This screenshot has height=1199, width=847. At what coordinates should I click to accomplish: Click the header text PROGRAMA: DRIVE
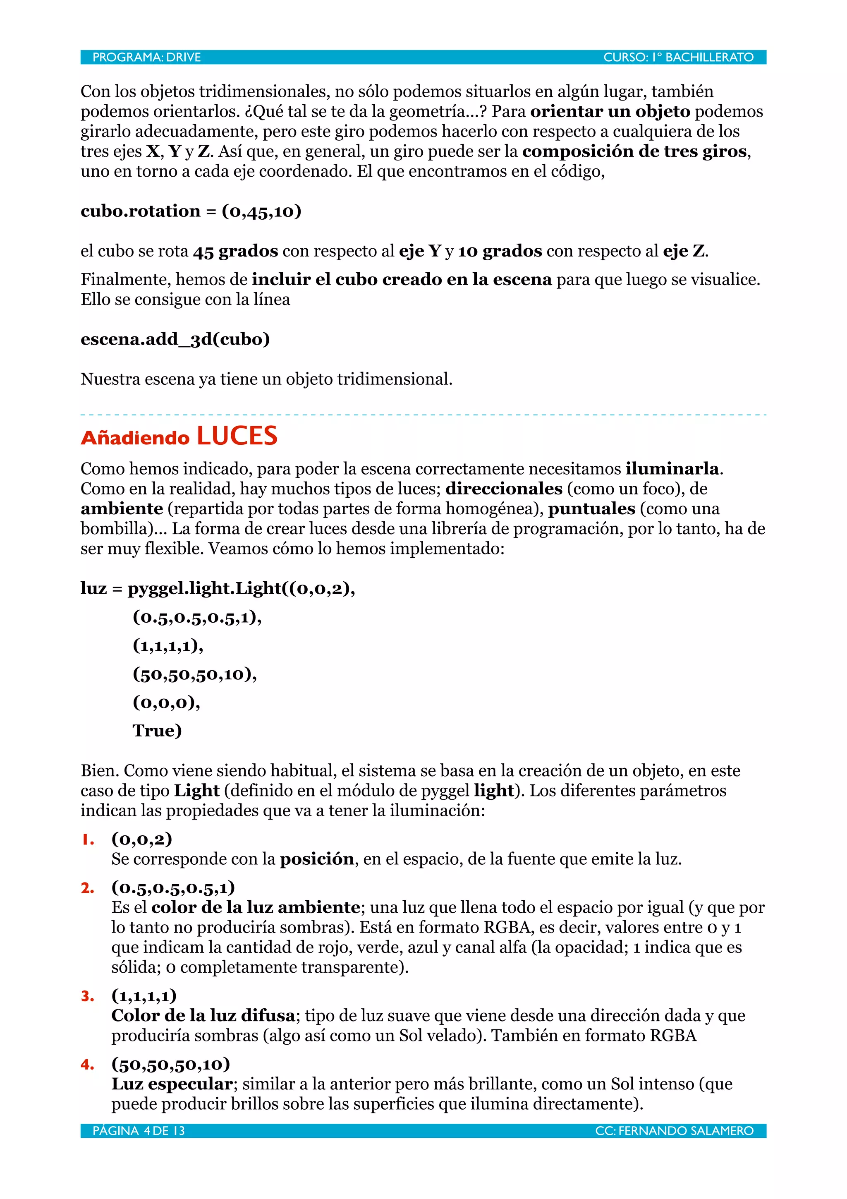coord(147,57)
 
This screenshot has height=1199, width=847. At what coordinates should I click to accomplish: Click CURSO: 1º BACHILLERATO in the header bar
coord(678,57)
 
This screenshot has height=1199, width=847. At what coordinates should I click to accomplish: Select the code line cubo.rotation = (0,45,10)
coord(191,211)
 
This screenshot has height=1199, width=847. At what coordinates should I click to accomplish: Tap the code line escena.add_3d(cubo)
coord(175,339)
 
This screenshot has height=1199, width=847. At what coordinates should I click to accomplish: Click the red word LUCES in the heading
coord(237,436)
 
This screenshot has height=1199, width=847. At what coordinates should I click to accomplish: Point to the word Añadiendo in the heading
coord(135,438)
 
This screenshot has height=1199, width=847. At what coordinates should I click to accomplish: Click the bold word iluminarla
coord(672,468)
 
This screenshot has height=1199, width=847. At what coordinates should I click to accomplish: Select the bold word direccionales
coord(504,488)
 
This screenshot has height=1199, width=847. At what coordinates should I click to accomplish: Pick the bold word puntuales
coord(591,508)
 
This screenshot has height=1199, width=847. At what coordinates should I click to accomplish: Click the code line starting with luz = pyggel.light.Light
coord(218,588)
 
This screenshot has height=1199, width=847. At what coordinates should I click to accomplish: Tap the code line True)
coord(157,730)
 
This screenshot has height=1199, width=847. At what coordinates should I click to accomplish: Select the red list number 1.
coord(88,840)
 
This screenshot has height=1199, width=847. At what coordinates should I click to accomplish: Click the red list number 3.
coord(88,996)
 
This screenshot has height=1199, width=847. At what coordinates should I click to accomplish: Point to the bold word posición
coord(317,859)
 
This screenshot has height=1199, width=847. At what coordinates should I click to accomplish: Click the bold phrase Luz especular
coord(172,1084)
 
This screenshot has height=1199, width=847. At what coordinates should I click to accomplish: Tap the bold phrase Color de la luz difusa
coord(203,1016)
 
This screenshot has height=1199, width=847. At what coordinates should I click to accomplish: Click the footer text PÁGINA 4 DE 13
coord(139,1131)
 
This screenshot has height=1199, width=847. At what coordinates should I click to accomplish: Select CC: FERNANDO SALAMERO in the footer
coord(674,1131)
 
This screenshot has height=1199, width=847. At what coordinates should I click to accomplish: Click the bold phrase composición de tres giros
coord(634,151)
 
